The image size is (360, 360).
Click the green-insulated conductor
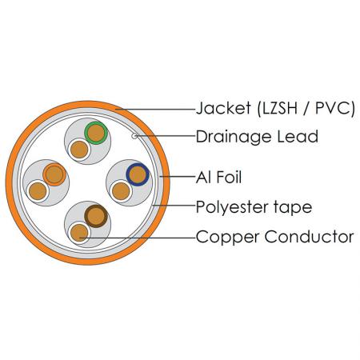pos(96,133)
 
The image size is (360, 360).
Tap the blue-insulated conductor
pos(138,174)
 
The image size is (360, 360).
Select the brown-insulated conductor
pos(96,216)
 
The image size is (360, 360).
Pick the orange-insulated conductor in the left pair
pos(54,174)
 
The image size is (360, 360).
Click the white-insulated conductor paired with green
pos(79,150)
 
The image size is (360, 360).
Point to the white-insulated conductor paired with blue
pos(121,191)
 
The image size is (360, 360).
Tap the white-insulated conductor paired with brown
pos(79,233)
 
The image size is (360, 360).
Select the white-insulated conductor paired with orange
pos(38,191)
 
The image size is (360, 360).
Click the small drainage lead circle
pos(134,136)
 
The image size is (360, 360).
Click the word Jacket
pos(223,108)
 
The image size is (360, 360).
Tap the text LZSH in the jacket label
pos(280,108)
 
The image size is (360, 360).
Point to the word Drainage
pos(234,138)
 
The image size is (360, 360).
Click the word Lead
pos(298,136)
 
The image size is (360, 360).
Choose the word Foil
pos(229,177)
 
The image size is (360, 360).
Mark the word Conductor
pos(310,237)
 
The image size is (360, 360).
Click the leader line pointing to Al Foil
pos(178,177)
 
